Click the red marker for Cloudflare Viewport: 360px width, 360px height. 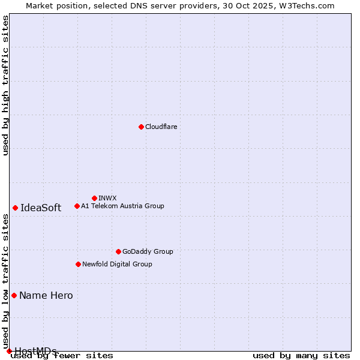coord(141,127)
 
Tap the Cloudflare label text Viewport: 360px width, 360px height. coord(161,127)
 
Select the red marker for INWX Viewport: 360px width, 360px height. coord(94,198)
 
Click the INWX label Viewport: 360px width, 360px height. coord(107,198)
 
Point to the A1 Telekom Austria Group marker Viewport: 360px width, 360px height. coord(77,206)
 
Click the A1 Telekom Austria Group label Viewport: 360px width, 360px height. coord(122,206)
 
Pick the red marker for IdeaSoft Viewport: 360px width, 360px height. coord(15,208)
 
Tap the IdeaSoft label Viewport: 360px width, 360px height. coord(41,208)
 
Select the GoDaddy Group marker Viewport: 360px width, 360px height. coord(118,251)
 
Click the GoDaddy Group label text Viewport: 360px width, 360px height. coord(148,251)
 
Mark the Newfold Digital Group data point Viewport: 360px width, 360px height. coord(78,264)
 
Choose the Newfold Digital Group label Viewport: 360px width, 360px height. coord(117,264)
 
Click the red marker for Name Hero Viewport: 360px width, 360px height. coord(14,295)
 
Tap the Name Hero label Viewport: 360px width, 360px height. coord(46,295)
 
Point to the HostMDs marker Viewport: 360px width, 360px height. coord(9,351)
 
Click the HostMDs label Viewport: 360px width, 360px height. coord(35,351)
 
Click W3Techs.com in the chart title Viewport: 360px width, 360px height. coord(310,5)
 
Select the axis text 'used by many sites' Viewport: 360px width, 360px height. coord(301,356)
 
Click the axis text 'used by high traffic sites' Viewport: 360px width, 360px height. coord(6,86)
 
